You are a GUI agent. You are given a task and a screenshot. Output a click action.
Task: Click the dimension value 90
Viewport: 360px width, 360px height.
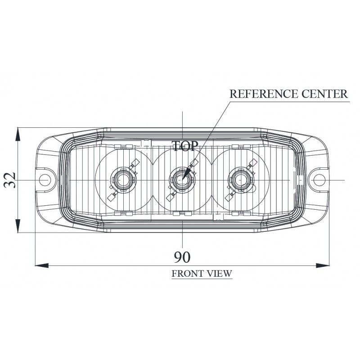(x=182, y=257)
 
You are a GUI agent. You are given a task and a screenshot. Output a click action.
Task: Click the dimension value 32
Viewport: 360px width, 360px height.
(x=10, y=180)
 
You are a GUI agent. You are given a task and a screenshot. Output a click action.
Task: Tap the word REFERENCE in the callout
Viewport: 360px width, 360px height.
(x=264, y=94)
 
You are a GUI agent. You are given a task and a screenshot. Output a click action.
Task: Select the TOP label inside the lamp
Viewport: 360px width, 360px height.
(x=185, y=146)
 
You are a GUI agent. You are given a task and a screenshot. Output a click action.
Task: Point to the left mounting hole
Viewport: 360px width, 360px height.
(x=45, y=180)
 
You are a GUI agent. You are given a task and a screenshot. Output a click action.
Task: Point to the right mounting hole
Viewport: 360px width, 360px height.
(x=319, y=180)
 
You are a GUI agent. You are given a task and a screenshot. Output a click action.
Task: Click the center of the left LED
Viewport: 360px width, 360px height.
(x=123, y=180)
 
